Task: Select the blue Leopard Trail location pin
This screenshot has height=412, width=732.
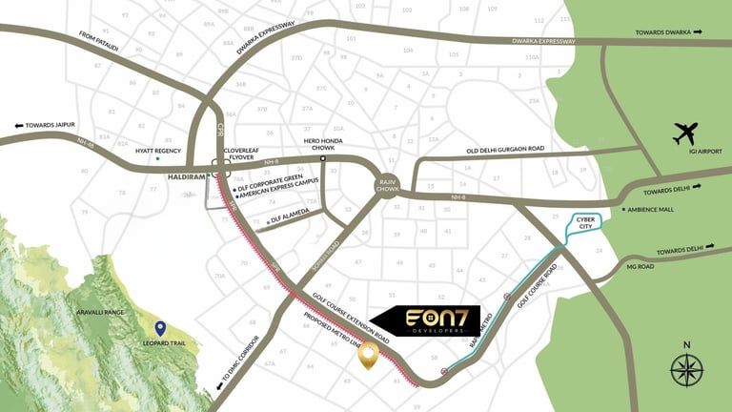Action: pyautogui.click(x=160, y=330)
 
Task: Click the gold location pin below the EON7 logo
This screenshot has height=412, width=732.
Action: pyautogui.click(x=367, y=357)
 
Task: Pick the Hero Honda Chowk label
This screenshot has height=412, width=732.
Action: pyautogui.click(x=323, y=146)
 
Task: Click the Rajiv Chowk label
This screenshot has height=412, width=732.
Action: pyautogui.click(x=386, y=184)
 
